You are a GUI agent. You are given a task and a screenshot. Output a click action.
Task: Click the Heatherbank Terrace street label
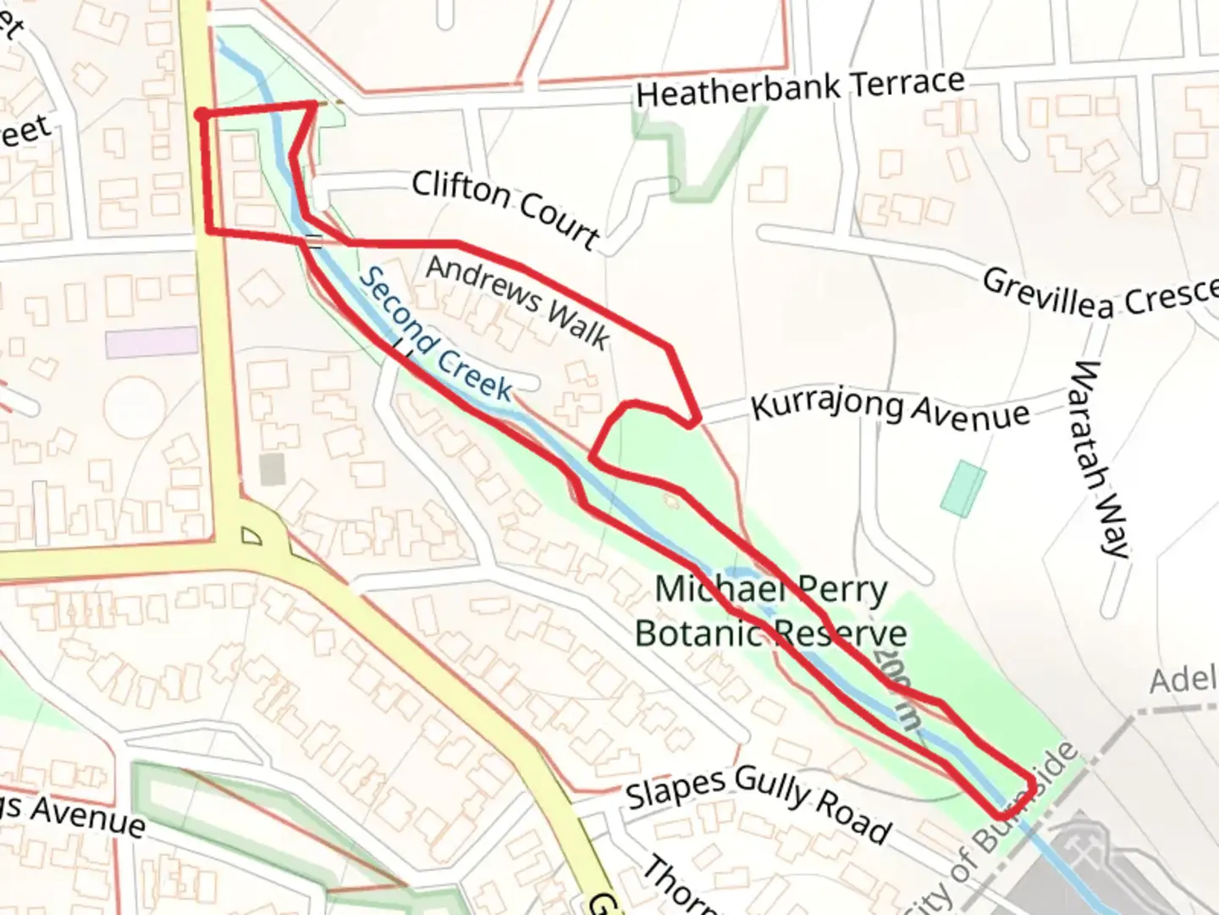coord(800,87)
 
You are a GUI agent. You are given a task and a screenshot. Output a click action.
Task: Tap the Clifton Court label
coord(505,207)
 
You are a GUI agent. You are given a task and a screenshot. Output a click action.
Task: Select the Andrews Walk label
coord(517,302)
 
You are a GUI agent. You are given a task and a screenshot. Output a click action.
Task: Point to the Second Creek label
coord(435,335)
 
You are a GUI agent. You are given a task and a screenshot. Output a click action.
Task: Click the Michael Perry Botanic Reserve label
coord(770,611)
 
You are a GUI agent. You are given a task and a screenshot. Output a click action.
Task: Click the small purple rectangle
coord(152,342)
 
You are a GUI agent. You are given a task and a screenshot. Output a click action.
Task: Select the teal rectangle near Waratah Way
coord(963,488)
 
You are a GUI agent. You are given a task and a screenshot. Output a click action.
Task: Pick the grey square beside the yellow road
coord(272,469)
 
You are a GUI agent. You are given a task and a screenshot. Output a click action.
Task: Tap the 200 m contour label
coord(896,690)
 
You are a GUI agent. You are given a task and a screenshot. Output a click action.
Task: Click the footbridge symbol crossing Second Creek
coord(315,241)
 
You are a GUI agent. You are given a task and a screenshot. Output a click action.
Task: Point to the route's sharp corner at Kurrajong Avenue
coord(696,420)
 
